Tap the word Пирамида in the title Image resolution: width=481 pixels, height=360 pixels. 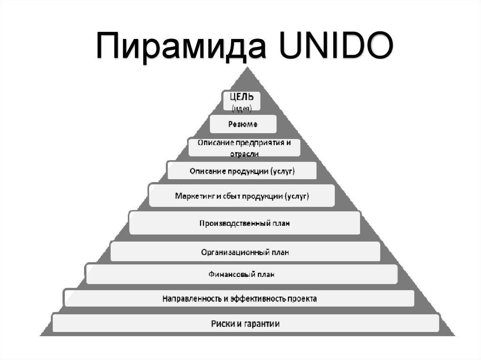[179, 46]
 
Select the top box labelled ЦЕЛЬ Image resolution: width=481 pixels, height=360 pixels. [242, 101]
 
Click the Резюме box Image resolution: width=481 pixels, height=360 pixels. [242, 124]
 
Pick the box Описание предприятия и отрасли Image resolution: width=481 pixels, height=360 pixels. [244, 147]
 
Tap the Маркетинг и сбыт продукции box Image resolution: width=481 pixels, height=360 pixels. [242, 195]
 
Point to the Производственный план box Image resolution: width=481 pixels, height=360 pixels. [245, 223]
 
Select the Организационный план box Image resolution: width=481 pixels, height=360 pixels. [245, 252]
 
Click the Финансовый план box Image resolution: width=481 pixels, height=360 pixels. [241, 275]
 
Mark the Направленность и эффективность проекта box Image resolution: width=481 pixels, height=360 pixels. [239, 299]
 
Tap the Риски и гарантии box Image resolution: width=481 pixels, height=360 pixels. [245, 323]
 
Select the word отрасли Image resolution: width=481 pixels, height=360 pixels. [244, 153]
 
